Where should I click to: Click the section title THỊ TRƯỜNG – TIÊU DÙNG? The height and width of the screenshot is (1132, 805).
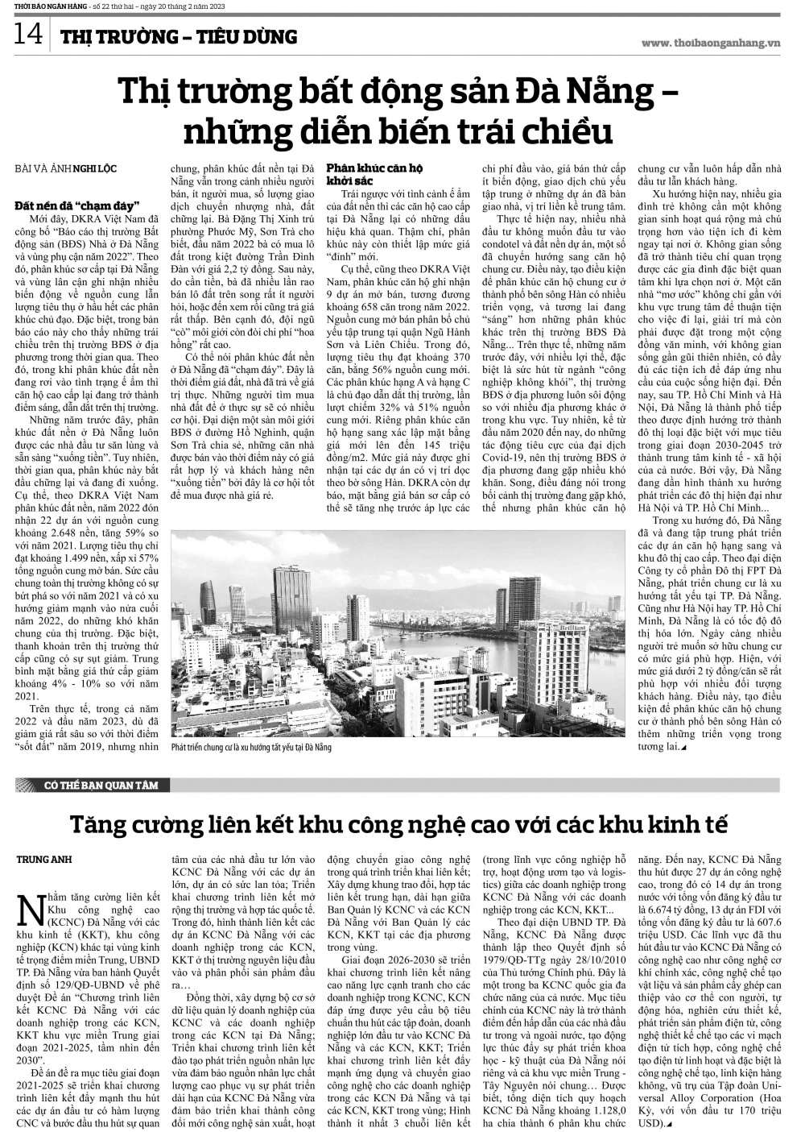[179, 37]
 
